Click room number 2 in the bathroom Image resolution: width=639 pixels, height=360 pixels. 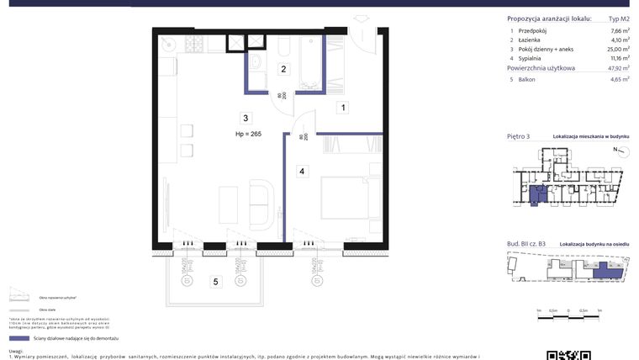(284, 69)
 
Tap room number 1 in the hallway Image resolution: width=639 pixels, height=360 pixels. (343, 107)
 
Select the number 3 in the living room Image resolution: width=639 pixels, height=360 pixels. (245, 118)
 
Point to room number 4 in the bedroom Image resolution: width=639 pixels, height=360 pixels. (301, 171)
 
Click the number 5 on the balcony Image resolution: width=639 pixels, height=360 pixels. (215, 282)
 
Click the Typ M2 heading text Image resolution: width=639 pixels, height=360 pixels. (619, 19)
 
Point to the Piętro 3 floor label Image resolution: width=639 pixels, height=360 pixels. (520, 135)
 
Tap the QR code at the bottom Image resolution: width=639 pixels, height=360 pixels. (559, 353)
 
